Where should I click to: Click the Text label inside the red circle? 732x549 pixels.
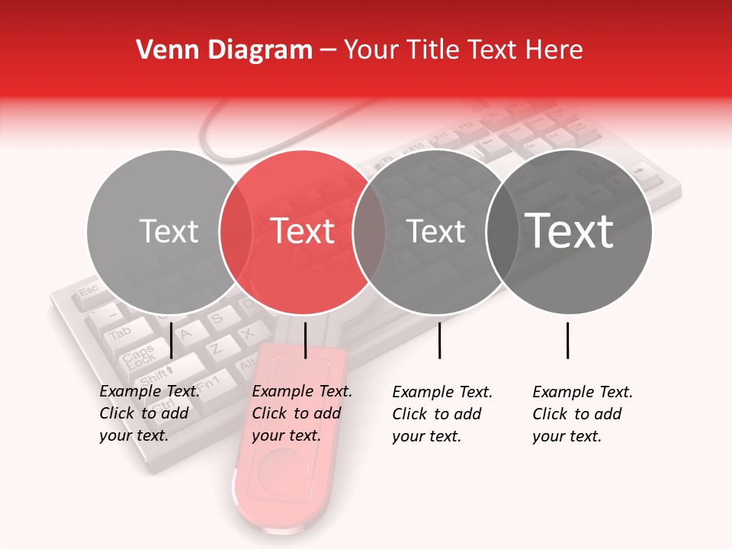click(303, 231)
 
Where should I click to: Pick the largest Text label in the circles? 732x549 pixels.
click(570, 230)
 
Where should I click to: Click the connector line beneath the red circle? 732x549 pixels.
click(305, 340)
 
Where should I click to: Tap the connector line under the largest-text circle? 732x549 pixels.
click(568, 340)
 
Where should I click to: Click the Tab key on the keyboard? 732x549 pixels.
click(120, 333)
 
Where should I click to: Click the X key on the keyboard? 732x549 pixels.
click(248, 333)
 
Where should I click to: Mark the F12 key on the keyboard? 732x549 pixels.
click(467, 125)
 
